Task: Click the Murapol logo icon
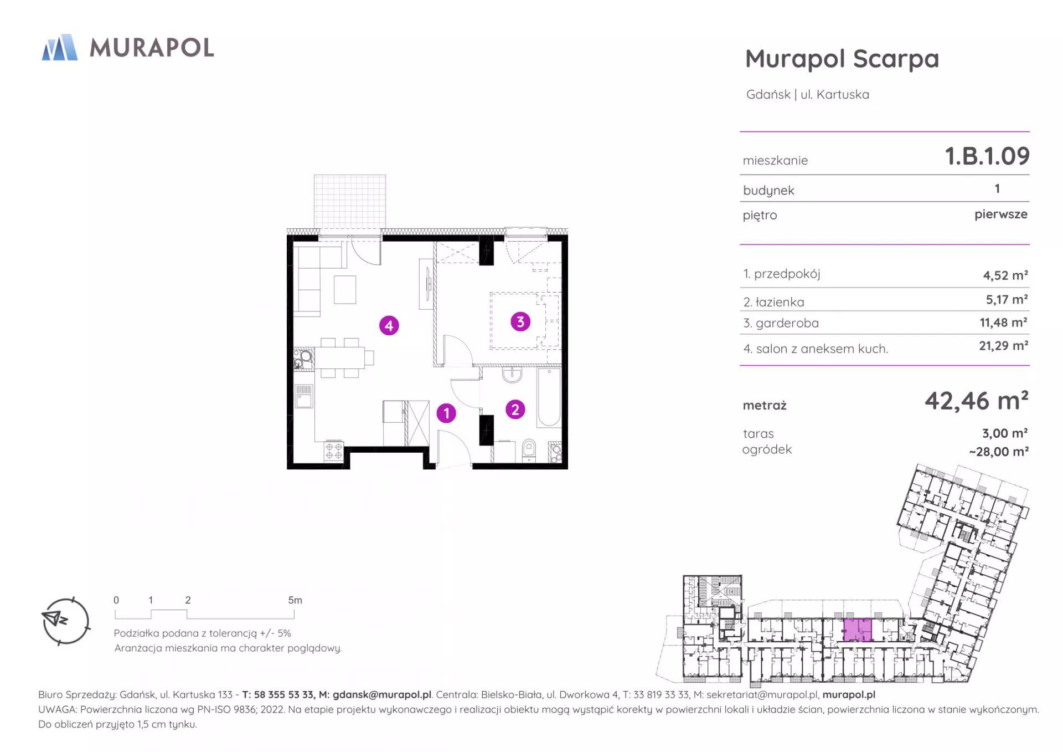tap(60, 47)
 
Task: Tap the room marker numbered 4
tap(389, 326)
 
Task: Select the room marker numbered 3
tap(520, 321)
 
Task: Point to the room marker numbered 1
tap(446, 413)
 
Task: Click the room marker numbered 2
tap(515, 410)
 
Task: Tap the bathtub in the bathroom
tap(549, 397)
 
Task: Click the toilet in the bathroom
tap(529, 451)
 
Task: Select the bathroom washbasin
tap(512, 375)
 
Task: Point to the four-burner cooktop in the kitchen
tap(334, 451)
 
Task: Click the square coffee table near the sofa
tap(345, 289)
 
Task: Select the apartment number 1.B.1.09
tap(987, 156)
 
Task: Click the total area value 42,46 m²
tap(977, 401)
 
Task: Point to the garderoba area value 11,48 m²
tap(1004, 323)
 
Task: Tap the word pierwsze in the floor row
tap(1001, 214)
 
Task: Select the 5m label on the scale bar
tap(295, 600)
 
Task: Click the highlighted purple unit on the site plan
tap(857, 630)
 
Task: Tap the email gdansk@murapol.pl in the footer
tap(382, 695)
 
